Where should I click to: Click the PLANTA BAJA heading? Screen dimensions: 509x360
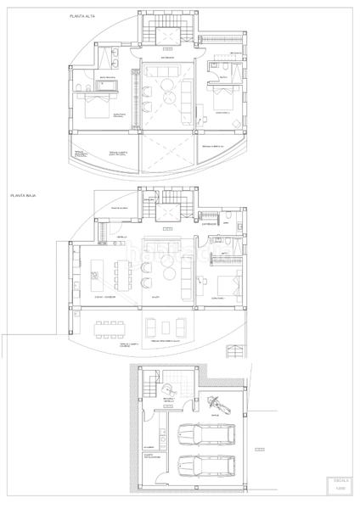(x=25, y=195)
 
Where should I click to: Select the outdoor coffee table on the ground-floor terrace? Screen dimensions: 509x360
(x=167, y=327)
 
